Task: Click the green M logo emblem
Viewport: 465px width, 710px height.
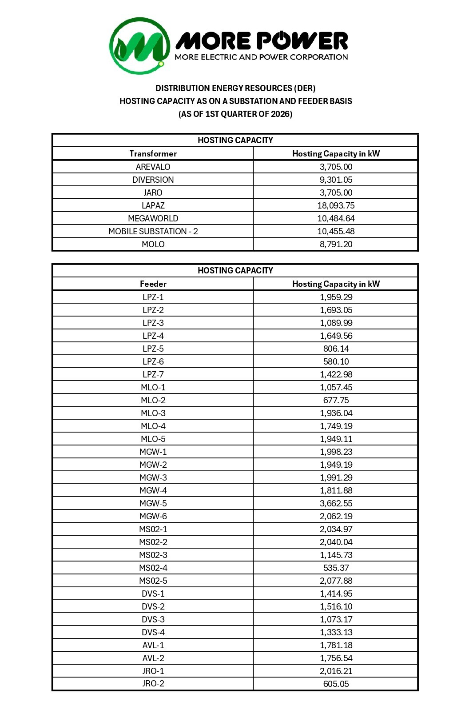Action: point(139,46)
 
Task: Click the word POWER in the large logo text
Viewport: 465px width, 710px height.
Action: point(304,41)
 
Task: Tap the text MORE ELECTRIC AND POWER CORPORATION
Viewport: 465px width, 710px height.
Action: point(261,57)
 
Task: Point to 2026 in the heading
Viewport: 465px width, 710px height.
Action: point(280,114)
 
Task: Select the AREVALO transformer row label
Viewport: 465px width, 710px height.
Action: point(153,167)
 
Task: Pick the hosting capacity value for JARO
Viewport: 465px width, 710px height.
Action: point(336,193)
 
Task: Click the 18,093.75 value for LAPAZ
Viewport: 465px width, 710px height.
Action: point(336,206)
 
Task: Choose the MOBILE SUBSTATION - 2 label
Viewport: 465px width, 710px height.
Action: point(153,232)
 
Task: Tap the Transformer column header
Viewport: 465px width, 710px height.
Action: point(153,154)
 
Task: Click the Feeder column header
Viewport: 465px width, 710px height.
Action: point(153,284)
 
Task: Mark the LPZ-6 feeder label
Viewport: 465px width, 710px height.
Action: point(153,362)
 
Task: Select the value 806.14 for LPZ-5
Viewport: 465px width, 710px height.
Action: point(336,349)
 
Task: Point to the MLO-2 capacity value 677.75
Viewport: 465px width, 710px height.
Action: point(336,401)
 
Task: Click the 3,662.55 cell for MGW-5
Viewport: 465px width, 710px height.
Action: point(336,504)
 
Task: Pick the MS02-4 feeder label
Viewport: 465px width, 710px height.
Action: point(153,568)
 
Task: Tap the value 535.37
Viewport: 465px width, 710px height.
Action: point(336,568)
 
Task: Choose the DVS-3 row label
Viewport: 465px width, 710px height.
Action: point(153,620)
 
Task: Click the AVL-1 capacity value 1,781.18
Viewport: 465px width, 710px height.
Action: point(336,646)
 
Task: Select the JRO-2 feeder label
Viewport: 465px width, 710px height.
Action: point(153,684)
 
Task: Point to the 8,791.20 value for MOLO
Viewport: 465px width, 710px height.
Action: point(336,245)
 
